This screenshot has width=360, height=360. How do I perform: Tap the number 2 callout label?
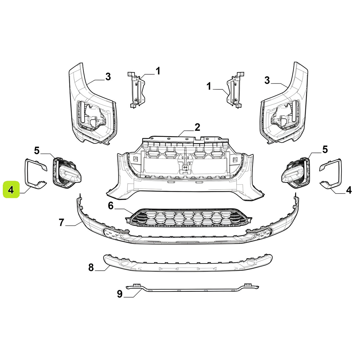click(x=197, y=127)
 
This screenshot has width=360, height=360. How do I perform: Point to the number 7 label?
click(x=62, y=222)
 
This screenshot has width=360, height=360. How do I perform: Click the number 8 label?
click(x=91, y=267)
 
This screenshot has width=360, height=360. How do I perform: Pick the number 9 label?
click(x=120, y=294)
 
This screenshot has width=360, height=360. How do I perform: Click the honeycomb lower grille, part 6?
click(x=189, y=218)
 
